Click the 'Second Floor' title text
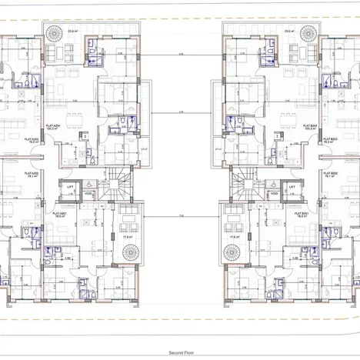179,350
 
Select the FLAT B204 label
311,128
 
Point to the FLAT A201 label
58,215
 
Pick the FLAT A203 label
34,140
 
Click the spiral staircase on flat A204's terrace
55,35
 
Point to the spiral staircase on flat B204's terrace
305,35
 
